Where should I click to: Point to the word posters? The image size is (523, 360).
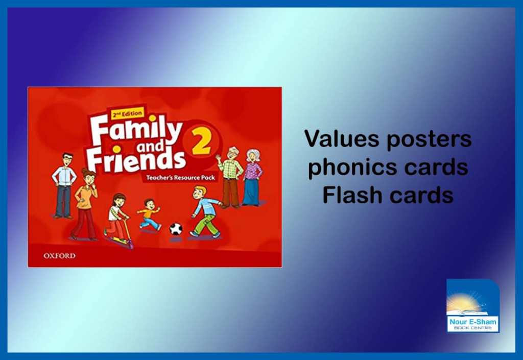point(429,139)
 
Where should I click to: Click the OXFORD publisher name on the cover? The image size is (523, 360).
point(59,256)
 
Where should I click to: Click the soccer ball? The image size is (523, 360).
point(176,229)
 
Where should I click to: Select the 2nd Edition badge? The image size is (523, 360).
point(127,114)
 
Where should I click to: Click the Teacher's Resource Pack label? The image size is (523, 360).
point(180,178)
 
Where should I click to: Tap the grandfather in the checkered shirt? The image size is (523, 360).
point(230,177)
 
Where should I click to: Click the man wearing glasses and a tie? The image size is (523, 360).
point(64,185)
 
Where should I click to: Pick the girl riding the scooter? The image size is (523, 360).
point(117,220)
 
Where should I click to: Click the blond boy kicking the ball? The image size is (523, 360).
point(205,212)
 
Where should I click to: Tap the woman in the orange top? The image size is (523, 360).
point(85,204)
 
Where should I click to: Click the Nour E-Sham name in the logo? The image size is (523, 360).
point(472,322)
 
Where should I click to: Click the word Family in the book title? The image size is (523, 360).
point(136,131)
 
